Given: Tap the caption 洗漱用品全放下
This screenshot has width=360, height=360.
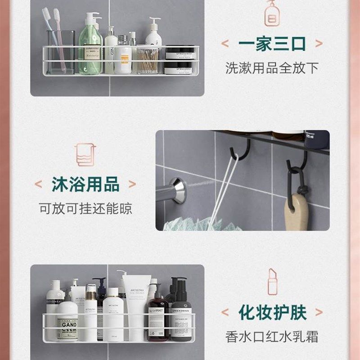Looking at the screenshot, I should click(272, 68).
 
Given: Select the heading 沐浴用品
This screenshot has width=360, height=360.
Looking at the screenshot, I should click(85, 184).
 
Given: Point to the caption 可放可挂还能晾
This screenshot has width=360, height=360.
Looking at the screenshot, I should click(85, 209).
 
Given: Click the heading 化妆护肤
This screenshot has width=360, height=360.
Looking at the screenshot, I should click(273, 312).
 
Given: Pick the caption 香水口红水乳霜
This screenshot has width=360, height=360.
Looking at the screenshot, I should click(272, 336).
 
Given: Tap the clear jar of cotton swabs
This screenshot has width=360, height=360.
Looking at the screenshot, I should click(148, 61).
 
